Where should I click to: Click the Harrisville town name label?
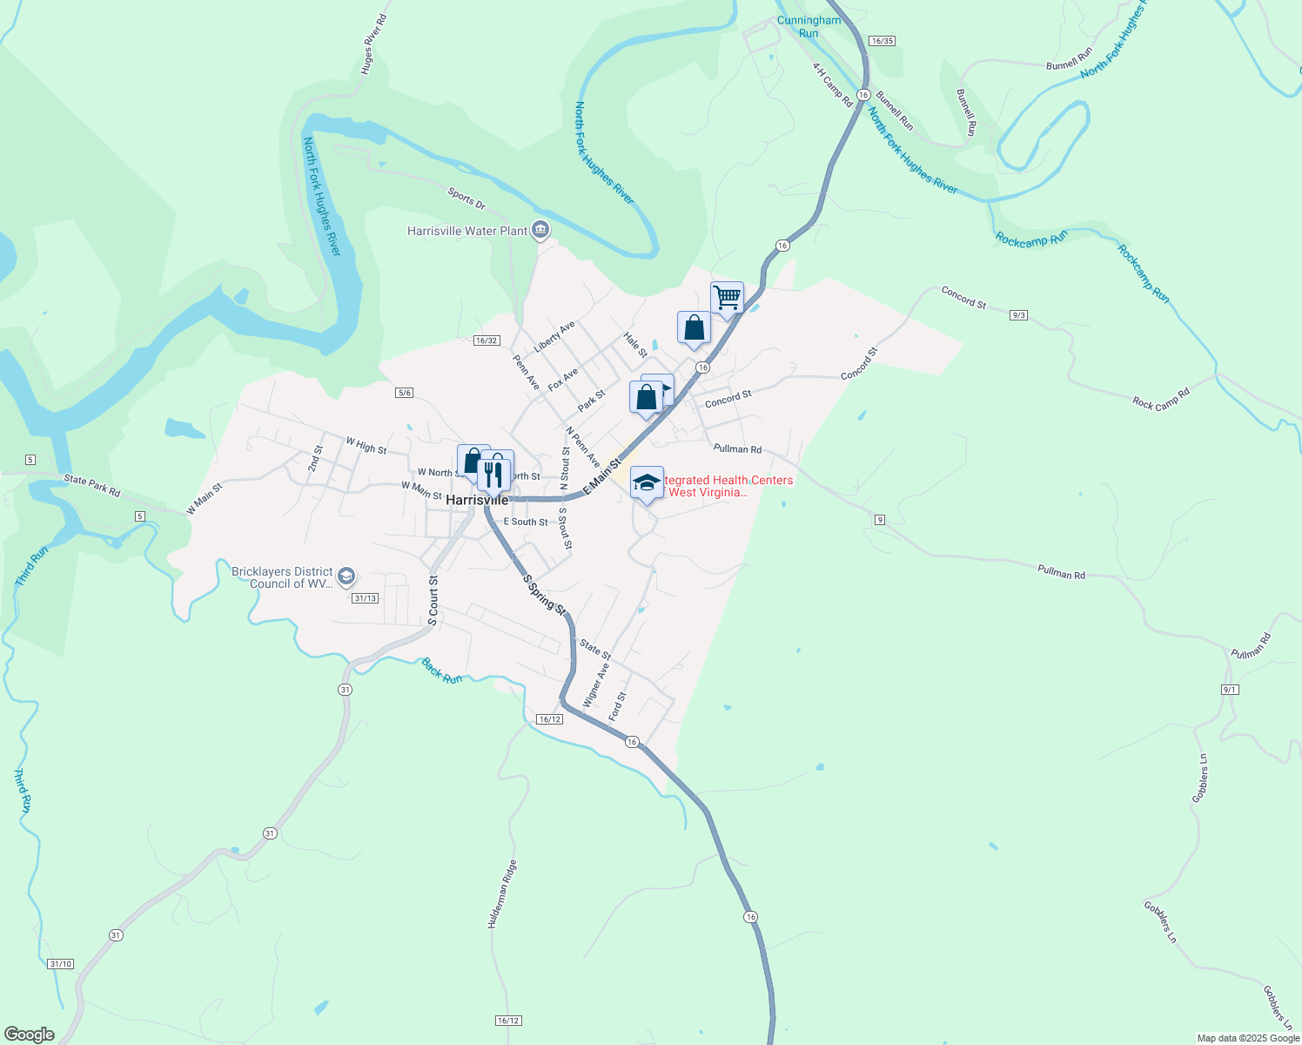(476, 501)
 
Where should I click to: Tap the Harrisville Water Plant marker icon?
(540, 230)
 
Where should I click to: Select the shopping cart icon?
(727, 297)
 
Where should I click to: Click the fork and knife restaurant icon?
(493, 474)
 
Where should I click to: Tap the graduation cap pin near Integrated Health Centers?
(647, 482)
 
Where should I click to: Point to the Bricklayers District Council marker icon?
(346, 576)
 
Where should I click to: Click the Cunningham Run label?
(809, 27)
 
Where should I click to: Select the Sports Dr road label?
(466, 199)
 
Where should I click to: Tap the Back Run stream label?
(441, 671)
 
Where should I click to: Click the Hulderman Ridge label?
(502, 894)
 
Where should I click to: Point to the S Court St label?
(433, 601)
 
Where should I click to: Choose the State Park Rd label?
(91, 485)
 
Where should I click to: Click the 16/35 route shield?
(882, 41)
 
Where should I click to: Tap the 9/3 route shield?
(1019, 314)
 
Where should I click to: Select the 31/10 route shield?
(61, 964)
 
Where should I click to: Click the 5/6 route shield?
(404, 393)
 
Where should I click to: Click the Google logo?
(29, 1035)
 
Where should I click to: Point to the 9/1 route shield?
(1230, 689)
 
